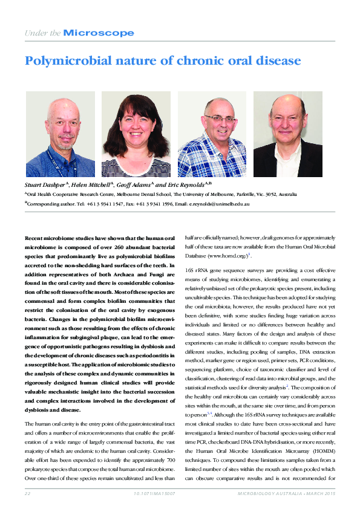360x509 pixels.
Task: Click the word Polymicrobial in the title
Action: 65,61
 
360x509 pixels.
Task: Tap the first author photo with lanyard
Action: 60,134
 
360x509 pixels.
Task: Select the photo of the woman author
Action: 136,134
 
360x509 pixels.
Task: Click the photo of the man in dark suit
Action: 287,134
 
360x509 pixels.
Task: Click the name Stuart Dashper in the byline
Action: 44,184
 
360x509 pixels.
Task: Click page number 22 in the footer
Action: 27,494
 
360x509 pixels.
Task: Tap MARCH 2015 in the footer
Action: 319,494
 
